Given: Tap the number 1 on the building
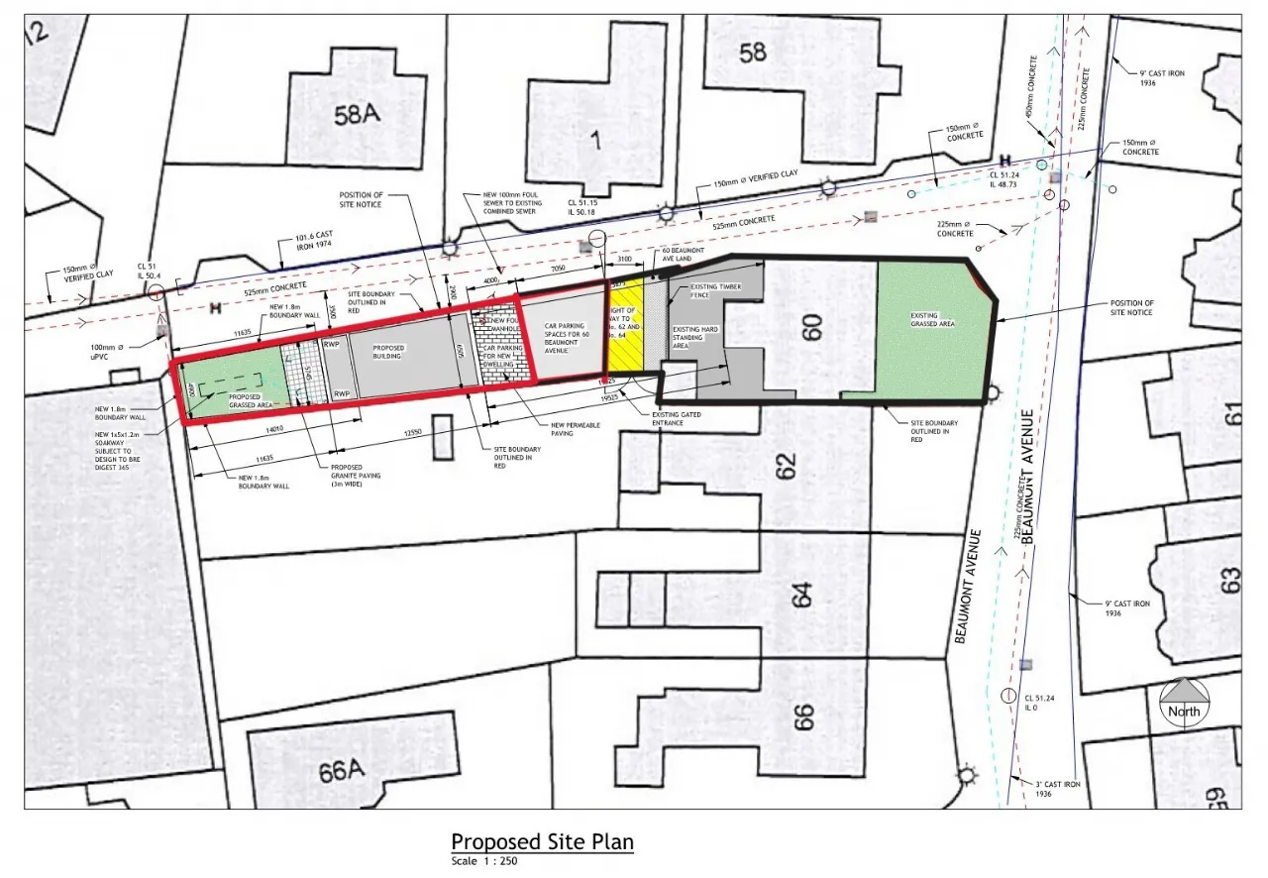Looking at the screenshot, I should (594, 141).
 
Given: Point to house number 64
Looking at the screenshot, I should (801, 595).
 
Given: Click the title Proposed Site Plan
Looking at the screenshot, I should (542, 842).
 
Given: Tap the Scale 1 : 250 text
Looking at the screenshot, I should (483, 861).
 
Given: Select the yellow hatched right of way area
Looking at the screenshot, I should (625, 327).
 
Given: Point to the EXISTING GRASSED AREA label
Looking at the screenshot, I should (933, 321).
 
